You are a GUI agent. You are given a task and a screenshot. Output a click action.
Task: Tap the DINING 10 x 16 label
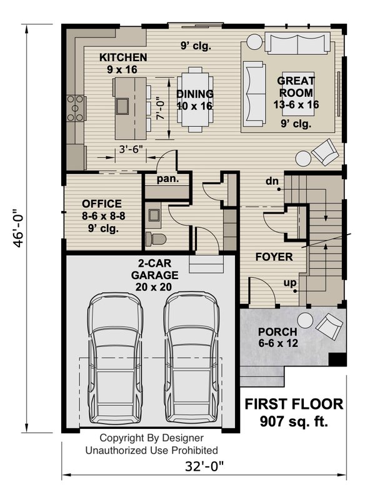pos(194,100)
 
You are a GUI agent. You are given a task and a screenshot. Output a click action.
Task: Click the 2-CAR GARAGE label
pos(154,275)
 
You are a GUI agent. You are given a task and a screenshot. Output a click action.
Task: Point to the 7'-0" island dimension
pos(161,107)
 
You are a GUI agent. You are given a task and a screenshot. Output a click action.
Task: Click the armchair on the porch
pos(330,325)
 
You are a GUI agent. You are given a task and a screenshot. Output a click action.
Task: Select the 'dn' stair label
pos(272,182)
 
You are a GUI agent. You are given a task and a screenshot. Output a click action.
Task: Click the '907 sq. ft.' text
pos(294,423)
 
